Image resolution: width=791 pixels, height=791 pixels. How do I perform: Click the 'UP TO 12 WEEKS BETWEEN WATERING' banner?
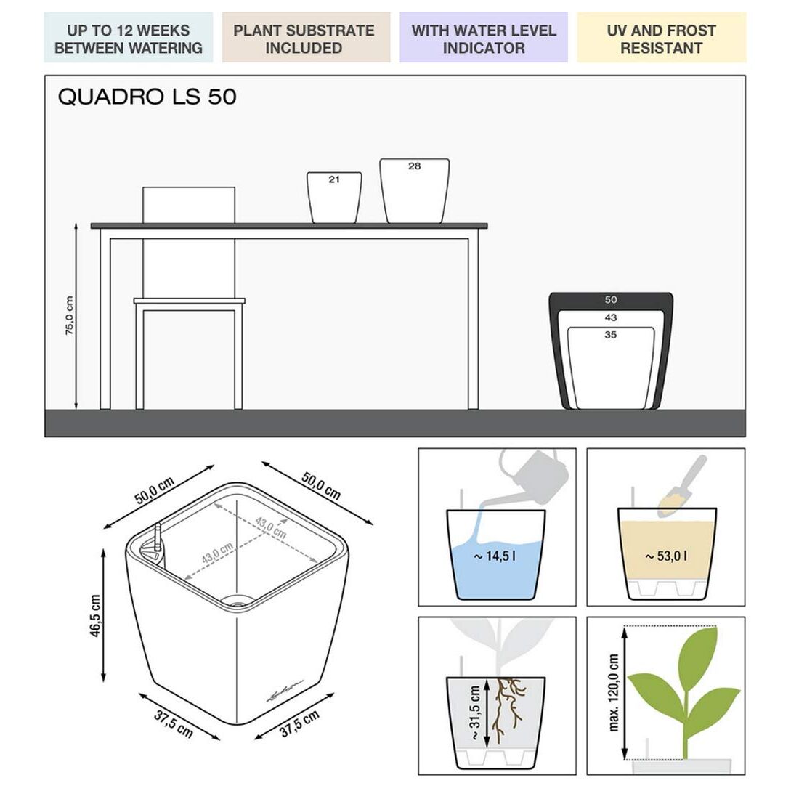(x=128, y=38)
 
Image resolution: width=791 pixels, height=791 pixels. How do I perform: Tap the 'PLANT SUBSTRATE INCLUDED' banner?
(x=306, y=38)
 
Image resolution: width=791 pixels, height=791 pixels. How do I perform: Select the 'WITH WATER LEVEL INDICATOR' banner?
(x=483, y=38)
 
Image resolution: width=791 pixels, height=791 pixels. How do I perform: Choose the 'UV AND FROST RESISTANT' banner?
(x=661, y=38)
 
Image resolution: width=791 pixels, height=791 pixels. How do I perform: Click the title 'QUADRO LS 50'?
(x=147, y=97)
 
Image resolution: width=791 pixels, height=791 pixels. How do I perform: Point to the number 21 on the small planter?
(x=334, y=179)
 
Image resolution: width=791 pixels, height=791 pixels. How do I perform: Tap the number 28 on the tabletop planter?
(x=414, y=166)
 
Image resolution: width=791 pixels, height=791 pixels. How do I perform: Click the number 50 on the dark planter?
(x=610, y=300)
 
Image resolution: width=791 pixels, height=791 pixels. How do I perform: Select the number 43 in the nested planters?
(x=610, y=317)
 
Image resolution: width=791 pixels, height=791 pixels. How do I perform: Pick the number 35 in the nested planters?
(x=610, y=335)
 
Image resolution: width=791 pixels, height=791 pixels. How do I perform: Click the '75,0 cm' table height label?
(x=70, y=316)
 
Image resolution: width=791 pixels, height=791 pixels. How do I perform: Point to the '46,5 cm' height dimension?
(x=95, y=615)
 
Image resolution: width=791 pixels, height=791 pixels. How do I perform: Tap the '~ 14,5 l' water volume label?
(x=495, y=556)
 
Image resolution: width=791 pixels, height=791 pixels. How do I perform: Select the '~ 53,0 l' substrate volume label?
(x=666, y=556)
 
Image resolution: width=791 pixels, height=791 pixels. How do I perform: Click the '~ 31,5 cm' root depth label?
(x=475, y=713)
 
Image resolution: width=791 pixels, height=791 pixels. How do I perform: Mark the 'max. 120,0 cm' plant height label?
(x=614, y=693)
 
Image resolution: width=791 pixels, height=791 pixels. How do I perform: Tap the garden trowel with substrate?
(x=681, y=487)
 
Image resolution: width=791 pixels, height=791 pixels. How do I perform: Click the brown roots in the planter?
(x=508, y=710)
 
